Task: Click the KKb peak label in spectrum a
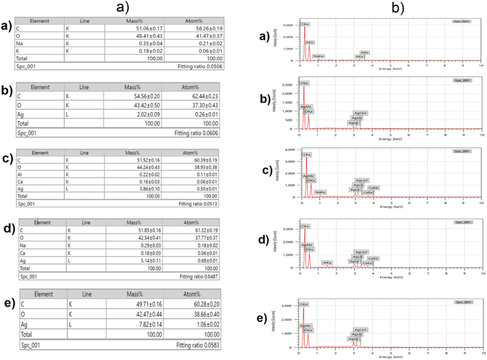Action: [x=365, y=53]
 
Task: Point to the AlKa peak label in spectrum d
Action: [x=327, y=262]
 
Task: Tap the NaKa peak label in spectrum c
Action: [x=321, y=192]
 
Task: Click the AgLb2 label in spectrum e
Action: [x=361, y=330]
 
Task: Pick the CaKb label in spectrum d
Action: [x=373, y=258]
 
